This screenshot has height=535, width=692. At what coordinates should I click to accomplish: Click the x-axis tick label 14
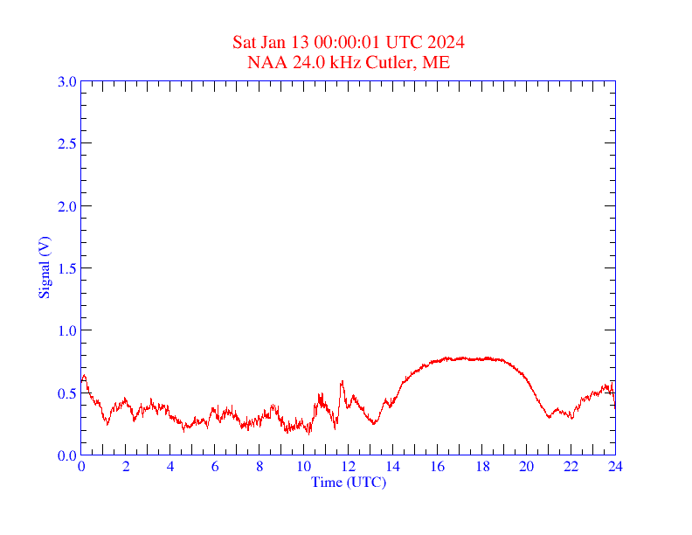pyautogui.click(x=392, y=467)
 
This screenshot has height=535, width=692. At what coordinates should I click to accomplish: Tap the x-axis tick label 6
pyautogui.click(x=215, y=467)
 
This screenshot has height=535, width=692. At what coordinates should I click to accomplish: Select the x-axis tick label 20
pyautogui.click(x=526, y=467)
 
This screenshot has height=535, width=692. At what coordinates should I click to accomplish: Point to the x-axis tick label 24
pyautogui.click(x=615, y=467)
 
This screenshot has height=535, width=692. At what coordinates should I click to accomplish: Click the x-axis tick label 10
pyautogui.click(x=303, y=467)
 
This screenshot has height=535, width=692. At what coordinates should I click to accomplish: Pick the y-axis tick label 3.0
pyautogui.click(x=66, y=82)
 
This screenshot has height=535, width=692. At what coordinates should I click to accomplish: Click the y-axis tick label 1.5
pyautogui.click(x=66, y=268)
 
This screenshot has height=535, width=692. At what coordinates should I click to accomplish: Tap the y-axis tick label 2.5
pyautogui.click(x=66, y=144)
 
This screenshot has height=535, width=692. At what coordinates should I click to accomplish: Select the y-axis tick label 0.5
pyautogui.click(x=66, y=393)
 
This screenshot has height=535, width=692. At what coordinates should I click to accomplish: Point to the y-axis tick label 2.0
pyautogui.click(x=66, y=206)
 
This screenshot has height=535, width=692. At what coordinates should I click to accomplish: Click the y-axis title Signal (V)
pyautogui.click(x=44, y=268)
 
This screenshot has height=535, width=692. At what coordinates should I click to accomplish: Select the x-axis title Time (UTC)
pyautogui.click(x=348, y=482)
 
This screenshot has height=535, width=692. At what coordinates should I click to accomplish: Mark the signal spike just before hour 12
pyautogui.click(x=343, y=381)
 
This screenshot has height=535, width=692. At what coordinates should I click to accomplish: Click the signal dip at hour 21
pyautogui.click(x=549, y=417)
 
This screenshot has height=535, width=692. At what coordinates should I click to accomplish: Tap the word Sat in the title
pyautogui.click(x=245, y=43)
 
